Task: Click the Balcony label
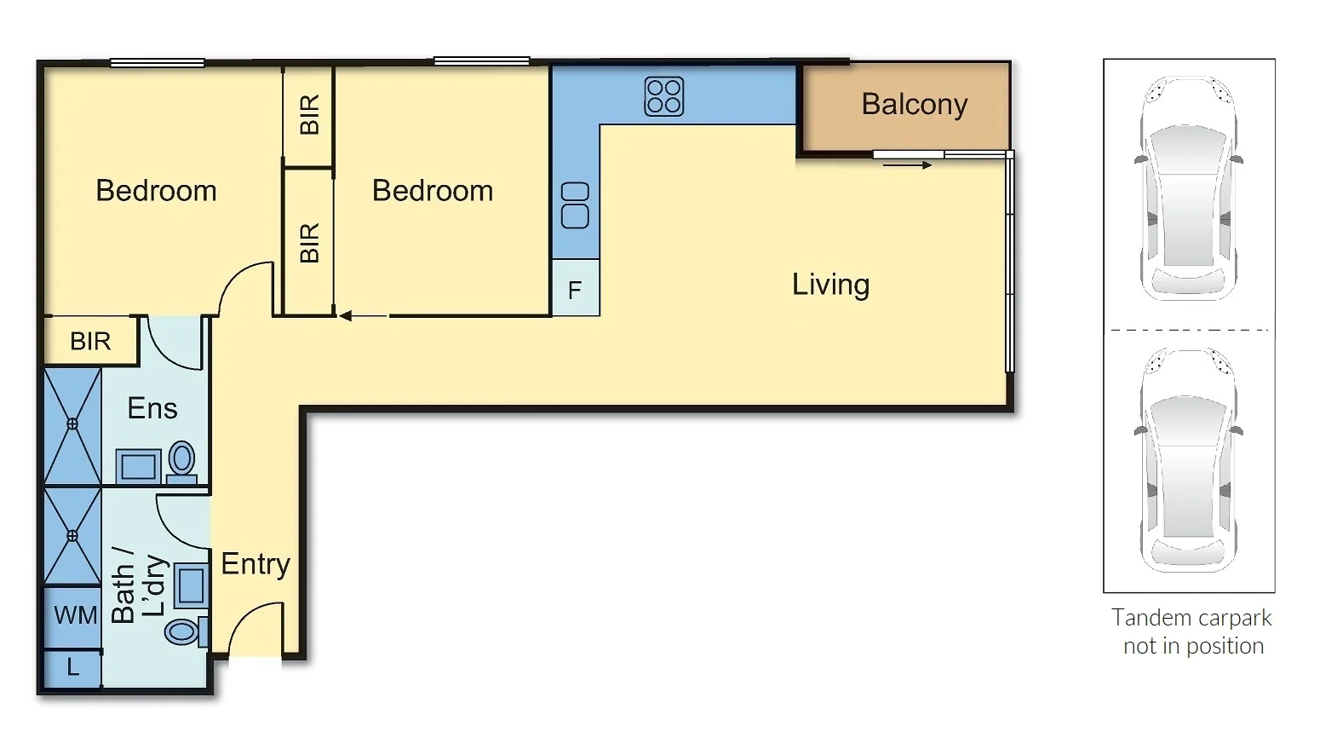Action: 914,104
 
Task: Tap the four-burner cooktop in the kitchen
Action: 663,96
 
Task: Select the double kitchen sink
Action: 576,205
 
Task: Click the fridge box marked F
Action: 576,291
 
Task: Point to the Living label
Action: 830,285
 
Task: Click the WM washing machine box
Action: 74,615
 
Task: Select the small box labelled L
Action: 72,668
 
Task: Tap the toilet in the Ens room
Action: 181,460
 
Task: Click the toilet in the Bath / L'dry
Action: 183,631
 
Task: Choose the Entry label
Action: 255,564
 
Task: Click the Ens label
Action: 152,409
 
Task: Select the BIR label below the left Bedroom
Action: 90,342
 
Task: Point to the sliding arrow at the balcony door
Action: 907,165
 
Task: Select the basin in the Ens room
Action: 139,466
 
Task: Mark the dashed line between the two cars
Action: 1189,330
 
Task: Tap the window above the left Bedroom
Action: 157,62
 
